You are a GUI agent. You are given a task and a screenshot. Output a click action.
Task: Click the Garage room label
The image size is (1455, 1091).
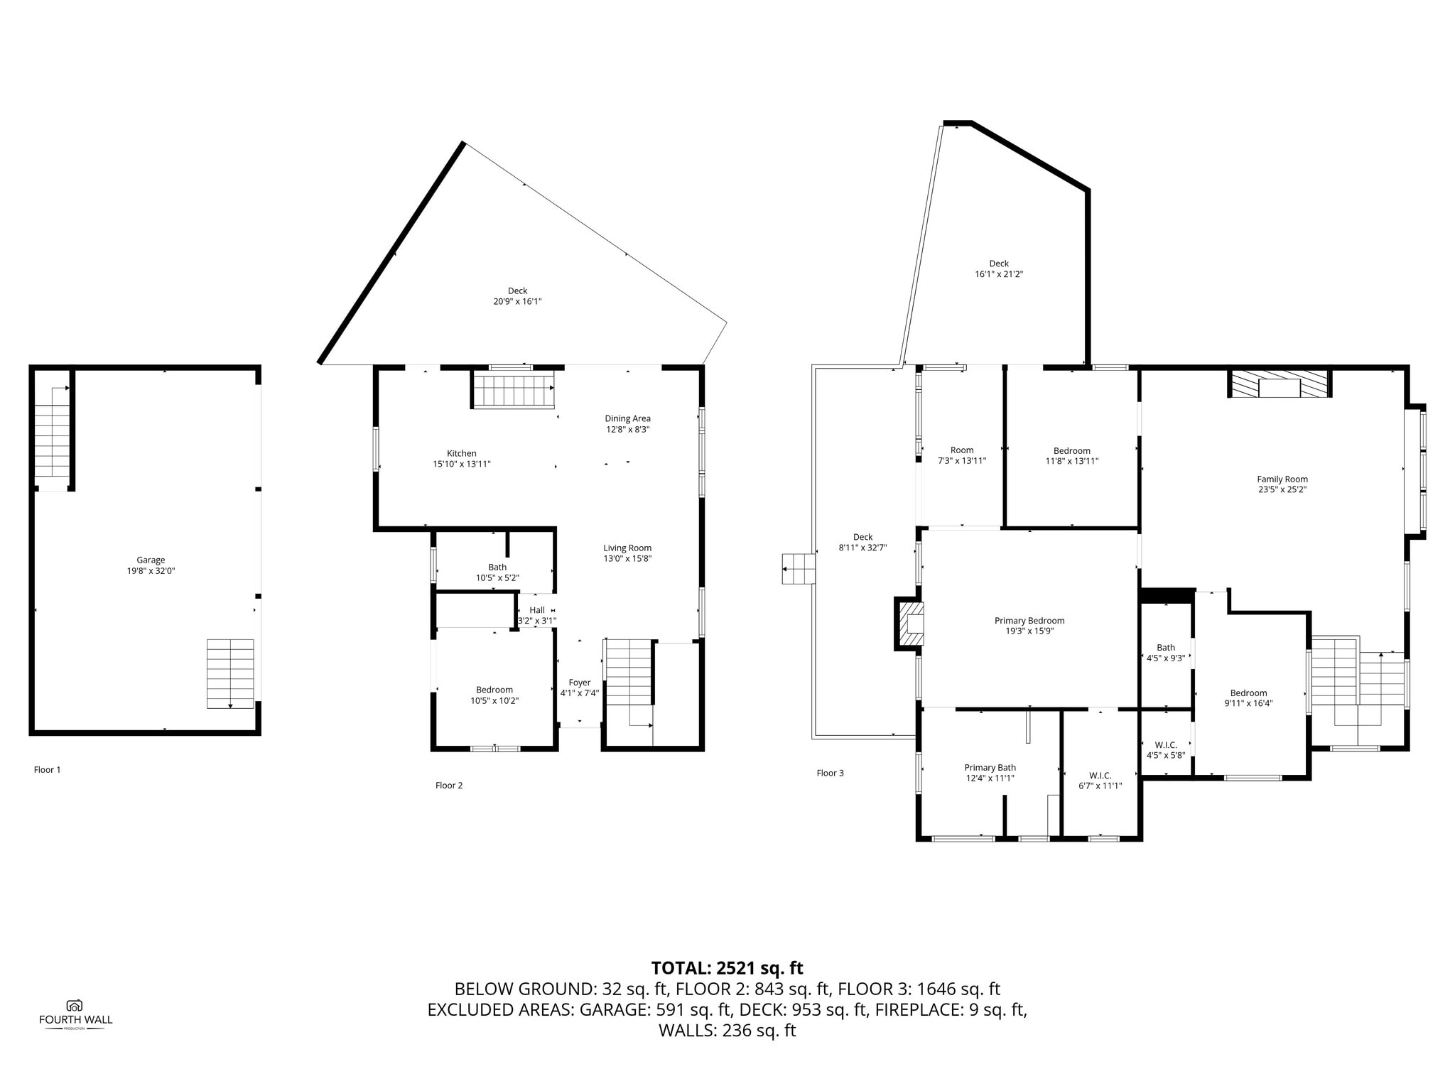click(151, 560)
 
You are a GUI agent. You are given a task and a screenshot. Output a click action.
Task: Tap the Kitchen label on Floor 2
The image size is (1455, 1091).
click(462, 453)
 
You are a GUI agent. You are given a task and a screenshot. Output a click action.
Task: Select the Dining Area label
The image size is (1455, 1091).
click(628, 418)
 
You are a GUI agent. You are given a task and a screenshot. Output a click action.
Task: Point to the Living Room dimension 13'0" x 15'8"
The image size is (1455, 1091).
click(628, 558)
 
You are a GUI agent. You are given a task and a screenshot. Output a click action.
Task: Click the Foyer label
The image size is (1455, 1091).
click(580, 683)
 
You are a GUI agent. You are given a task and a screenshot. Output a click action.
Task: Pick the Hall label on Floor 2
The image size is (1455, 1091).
click(537, 610)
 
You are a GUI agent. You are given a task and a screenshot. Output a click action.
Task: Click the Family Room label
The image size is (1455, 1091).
click(1282, 479)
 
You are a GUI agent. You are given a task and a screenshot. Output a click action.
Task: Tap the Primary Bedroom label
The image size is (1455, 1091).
click(1029, 620)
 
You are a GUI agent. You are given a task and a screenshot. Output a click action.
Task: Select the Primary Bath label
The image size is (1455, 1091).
click(990, 767)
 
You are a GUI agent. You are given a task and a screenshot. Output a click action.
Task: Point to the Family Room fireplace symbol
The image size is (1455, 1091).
click(1280, 384)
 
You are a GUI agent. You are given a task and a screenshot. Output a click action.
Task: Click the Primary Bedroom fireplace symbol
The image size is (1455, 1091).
click(910, 623)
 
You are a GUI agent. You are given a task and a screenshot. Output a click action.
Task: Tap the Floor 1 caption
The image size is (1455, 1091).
click(48, 769)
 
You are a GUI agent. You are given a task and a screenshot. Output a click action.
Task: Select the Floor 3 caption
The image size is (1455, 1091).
click(831, 773)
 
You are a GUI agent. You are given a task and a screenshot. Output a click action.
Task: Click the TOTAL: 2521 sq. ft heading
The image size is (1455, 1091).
click(727, 967)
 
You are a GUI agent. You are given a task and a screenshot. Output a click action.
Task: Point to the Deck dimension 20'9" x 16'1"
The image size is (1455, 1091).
click(518, 301)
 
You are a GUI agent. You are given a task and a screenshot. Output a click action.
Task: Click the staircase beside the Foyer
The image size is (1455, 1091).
click(628, 671)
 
